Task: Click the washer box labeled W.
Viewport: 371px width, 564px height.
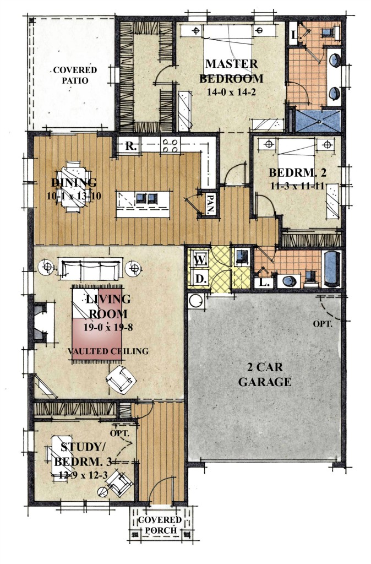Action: [x=200, y=259]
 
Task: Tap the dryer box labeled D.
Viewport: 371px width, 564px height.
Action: [x=200, y=279]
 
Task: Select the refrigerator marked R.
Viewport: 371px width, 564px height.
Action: [x=130, y=146]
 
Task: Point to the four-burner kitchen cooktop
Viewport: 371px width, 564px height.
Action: [x=171, y=145]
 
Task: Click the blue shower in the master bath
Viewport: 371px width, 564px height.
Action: [x=318, y=121]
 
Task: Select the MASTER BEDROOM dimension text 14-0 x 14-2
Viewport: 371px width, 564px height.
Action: [x=231, y=92]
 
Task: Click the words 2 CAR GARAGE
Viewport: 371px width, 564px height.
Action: [x=265, y=375]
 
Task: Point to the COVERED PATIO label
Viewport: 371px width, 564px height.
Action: [x=75, y=75]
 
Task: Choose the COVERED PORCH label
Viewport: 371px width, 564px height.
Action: [x=160, y=525]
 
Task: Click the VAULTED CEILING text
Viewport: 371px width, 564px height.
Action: [x=108, y=351]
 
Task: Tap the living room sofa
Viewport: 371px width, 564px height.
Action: [x=90, y=268]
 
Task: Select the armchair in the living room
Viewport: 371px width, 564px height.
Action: [x=121, y=380]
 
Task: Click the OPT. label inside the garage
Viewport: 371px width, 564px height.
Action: [x=323, y=324]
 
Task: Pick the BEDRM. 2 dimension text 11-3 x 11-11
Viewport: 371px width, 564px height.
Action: [x=297, y=186]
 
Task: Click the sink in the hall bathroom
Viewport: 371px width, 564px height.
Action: [x=289, y=281]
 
